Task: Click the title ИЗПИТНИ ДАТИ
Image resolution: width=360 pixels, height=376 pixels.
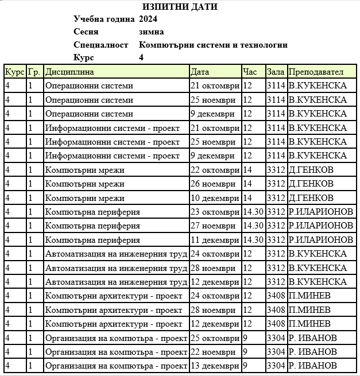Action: pyautogui.click(x=180, y=7)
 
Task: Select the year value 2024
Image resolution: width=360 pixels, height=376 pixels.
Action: pyautogui.click(x=148, y=19)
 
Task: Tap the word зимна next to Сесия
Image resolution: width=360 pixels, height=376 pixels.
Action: pyautogui.click(x=152, y=32)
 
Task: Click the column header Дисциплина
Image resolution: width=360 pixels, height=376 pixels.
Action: pyautogui.click(x=69, y=72)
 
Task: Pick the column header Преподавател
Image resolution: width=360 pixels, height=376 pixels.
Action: pyautogui.click(x=316, y=72)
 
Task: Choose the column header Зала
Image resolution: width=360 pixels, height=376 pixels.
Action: pyautogui.click(x=276, y=72)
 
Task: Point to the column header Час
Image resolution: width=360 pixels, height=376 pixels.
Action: pyautogui.click(x=250, y=72)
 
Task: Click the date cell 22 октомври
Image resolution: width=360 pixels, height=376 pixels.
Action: pyautogui.click(x=215, y=170)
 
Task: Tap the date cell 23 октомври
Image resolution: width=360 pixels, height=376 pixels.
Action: pyautogui.click(x=215, y=212)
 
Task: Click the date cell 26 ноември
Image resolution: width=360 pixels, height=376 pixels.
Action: pyautogui.click(x=212, y=184)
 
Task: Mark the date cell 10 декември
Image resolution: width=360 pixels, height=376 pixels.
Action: pyautogui.click(x=214, y=198)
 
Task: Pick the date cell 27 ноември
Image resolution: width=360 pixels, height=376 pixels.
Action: pyautogui.click(x=212, y=226)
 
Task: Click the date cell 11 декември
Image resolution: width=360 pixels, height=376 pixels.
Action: pyautogui.click(x=214, y=240)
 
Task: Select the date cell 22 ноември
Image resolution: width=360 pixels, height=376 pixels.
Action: pyautogui.click(x=212, y=351)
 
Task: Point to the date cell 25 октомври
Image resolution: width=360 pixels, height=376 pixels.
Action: pyautogui.click(x=215, y=338)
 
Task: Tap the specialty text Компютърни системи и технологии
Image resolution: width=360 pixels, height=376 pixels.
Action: pyautogui.click(x=213, y=45)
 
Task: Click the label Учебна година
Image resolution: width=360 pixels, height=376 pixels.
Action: pyautogui.click(x=104, y=19)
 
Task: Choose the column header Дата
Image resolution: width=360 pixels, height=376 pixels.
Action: pyautogui.click(x=200, y=72)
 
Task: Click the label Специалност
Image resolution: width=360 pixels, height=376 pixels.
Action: pyautogui.click(x=101, y=45)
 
